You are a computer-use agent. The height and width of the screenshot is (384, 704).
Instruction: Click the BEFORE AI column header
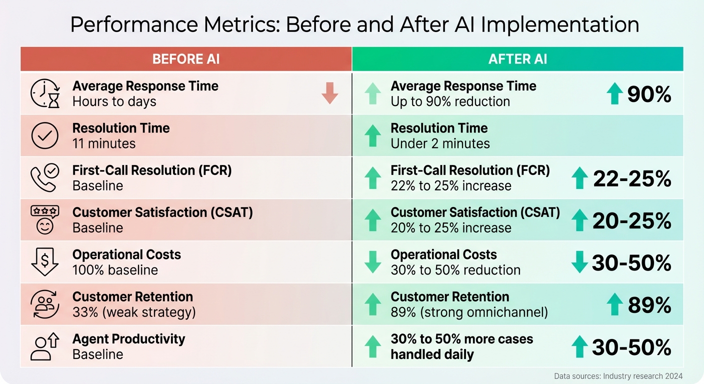pos(186,59)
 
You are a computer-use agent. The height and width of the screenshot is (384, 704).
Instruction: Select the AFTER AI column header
pos(517,59)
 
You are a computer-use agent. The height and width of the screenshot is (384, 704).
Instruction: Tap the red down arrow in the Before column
pos(329,93)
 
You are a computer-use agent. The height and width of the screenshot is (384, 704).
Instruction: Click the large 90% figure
pos(648,93)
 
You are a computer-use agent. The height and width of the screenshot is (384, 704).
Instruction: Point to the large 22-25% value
pos(632,178)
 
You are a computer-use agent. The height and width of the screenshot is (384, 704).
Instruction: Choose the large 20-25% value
pos(631,220)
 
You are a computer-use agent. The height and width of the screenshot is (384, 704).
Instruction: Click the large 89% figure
pos(649,305)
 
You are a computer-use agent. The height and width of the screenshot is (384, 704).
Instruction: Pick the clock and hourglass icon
pos(45,93)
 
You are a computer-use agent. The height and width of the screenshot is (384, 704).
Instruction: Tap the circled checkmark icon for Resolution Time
pos(45,135)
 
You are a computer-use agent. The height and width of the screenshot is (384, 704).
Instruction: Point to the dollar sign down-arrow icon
pos(45,262)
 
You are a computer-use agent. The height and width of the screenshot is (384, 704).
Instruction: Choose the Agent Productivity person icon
pos(45,346)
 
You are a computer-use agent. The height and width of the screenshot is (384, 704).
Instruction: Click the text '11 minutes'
pos(104,143)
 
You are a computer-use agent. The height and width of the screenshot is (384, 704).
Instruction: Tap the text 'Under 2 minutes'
pos(440,143)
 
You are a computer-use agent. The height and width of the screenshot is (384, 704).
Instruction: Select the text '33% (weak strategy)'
pos(134,312)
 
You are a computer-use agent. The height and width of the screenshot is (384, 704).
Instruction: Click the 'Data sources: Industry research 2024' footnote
pos(618,376)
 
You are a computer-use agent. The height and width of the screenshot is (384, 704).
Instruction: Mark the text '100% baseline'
pos(115,270)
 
